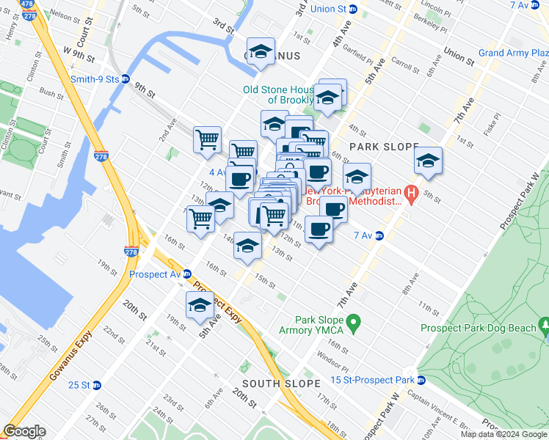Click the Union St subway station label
pyautogui.click(x=329, y=10)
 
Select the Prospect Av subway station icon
pyautogui.click(x=187, y=274)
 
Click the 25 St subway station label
pyautogui.click(x=79, y=385)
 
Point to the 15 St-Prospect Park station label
pyautogui.click(x=372, y=380)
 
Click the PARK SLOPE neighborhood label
pyautogui.click(x=383, y=147)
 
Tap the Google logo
pyautogui.click(x=24, y=431)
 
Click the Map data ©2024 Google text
pyautogui.click(x=503, y=434)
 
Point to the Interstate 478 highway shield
pyautogui.click(x=29, y=4)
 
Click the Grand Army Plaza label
pyautogui.click(x=512, y=53)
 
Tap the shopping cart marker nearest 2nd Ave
pyautogui.click(x=208, y=139)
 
